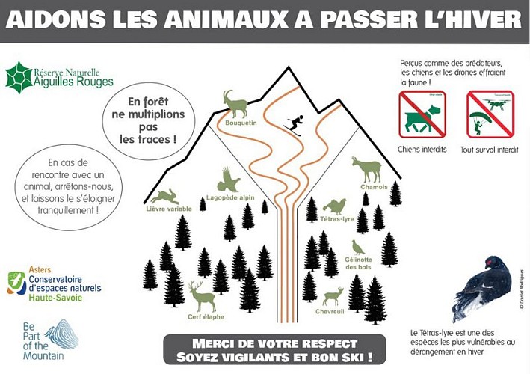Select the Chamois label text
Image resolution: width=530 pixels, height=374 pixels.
coord(374,187)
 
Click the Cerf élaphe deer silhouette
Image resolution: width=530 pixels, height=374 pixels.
coord(202,296)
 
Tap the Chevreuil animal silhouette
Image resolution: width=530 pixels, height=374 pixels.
coord(331,295)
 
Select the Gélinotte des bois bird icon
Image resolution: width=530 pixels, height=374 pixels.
coord(360,247)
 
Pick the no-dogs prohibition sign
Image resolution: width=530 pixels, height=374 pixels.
coord(422,114)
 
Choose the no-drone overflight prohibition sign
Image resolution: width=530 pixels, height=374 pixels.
coord(490,114)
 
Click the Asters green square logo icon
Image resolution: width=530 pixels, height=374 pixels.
coord(16,283)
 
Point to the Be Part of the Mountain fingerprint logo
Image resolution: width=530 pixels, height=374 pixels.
coord(61,334)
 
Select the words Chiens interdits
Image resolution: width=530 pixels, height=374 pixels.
coord(422,150)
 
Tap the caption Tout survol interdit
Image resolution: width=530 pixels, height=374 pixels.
coord(490,150)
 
